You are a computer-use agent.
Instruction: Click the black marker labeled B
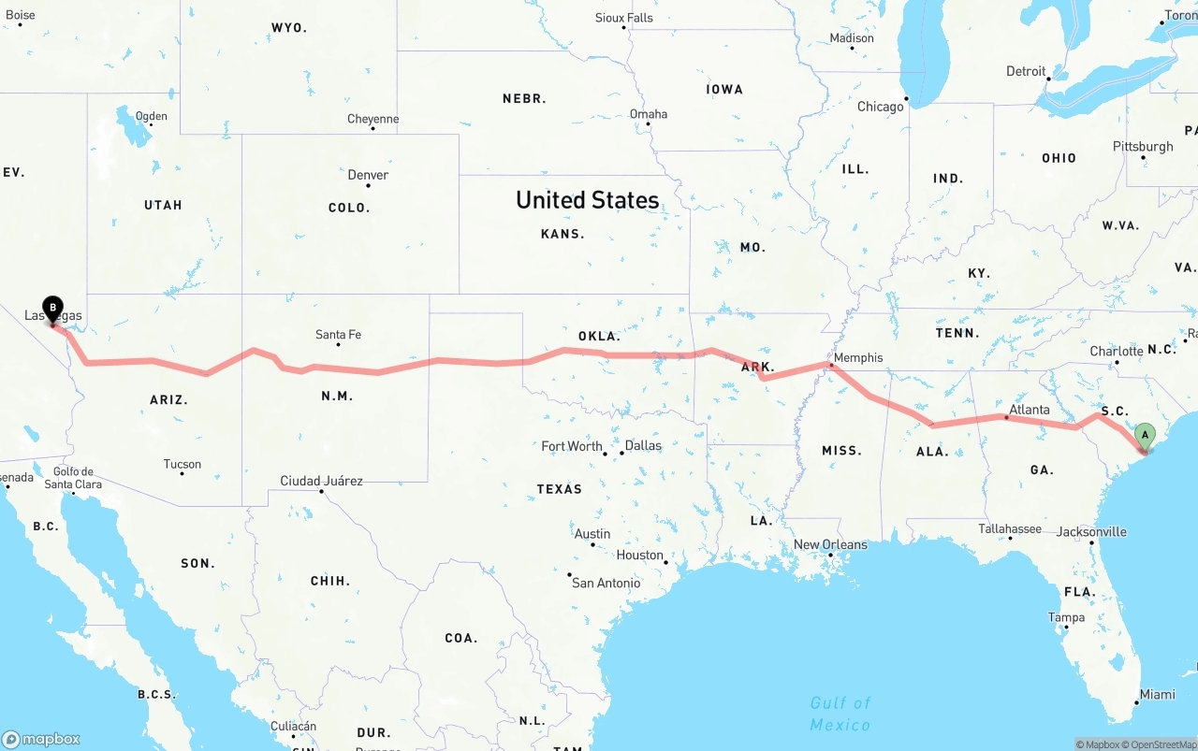pyautogui.click(x=53, y=308)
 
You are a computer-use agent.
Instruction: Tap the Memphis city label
pyautogui.click(x=857, y=357)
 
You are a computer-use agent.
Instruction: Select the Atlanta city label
pyautogui.click(x=1029, y=409)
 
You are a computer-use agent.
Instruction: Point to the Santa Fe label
pyautogui.click(x=338, y=334)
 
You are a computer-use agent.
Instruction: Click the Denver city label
pyautogui.click(x=368, y=175)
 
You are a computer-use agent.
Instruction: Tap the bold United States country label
pyautogui.click(x=587, y=200)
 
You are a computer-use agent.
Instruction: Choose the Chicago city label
pyautogui.click(x=881, y=107)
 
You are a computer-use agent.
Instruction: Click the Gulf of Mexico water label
pyautogui.click(x=840, y=714)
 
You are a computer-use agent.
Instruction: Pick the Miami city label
pyautogui.click(x=1157, y=695)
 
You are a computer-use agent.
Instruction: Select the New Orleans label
pyautogui.click(x=830, y=544)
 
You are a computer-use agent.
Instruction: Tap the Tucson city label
pyautogui.click(x=182, y=464)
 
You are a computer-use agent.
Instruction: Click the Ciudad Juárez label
pyautogui.click(x=321, y=481)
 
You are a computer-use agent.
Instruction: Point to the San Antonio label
pyautogui.click(x=606, y=583)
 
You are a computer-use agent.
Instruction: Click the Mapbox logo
pyautogui.click(x=41, y=739)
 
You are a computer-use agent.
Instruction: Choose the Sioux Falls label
pyautogui.click(x=624, y=18)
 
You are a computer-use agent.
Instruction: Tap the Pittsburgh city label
pyautogui.click(x=1143, y=147)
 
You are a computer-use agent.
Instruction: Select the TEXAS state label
pyautogui.click(x=559, y=489)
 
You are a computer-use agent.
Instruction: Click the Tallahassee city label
pyautogui.click(x=1010, y=529)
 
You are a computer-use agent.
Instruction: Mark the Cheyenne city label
pyautogui.click(x=373, y=119)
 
